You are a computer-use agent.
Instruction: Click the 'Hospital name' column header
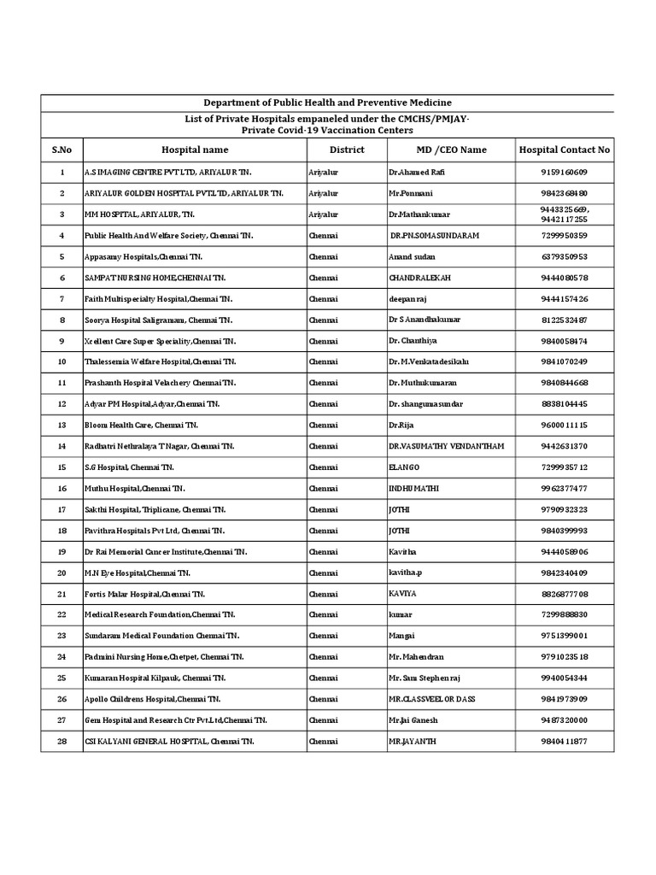(x=195, y=150)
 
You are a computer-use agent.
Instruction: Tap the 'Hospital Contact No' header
(x=564, y=150)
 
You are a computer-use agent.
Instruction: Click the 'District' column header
(x=346, y=150)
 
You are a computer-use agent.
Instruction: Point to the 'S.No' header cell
(x=61, y=150)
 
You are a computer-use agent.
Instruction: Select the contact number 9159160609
(x=564, y=172)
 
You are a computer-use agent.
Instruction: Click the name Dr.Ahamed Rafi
(x=417, y=172)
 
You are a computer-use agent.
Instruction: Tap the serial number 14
(x=61, y=446)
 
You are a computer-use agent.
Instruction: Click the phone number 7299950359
(x=564, y=235)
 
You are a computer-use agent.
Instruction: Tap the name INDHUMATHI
(x=413, y=488)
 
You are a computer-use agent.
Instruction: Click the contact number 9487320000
(x=564, y=720)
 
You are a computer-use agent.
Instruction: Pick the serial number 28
(x=61, y=742)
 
